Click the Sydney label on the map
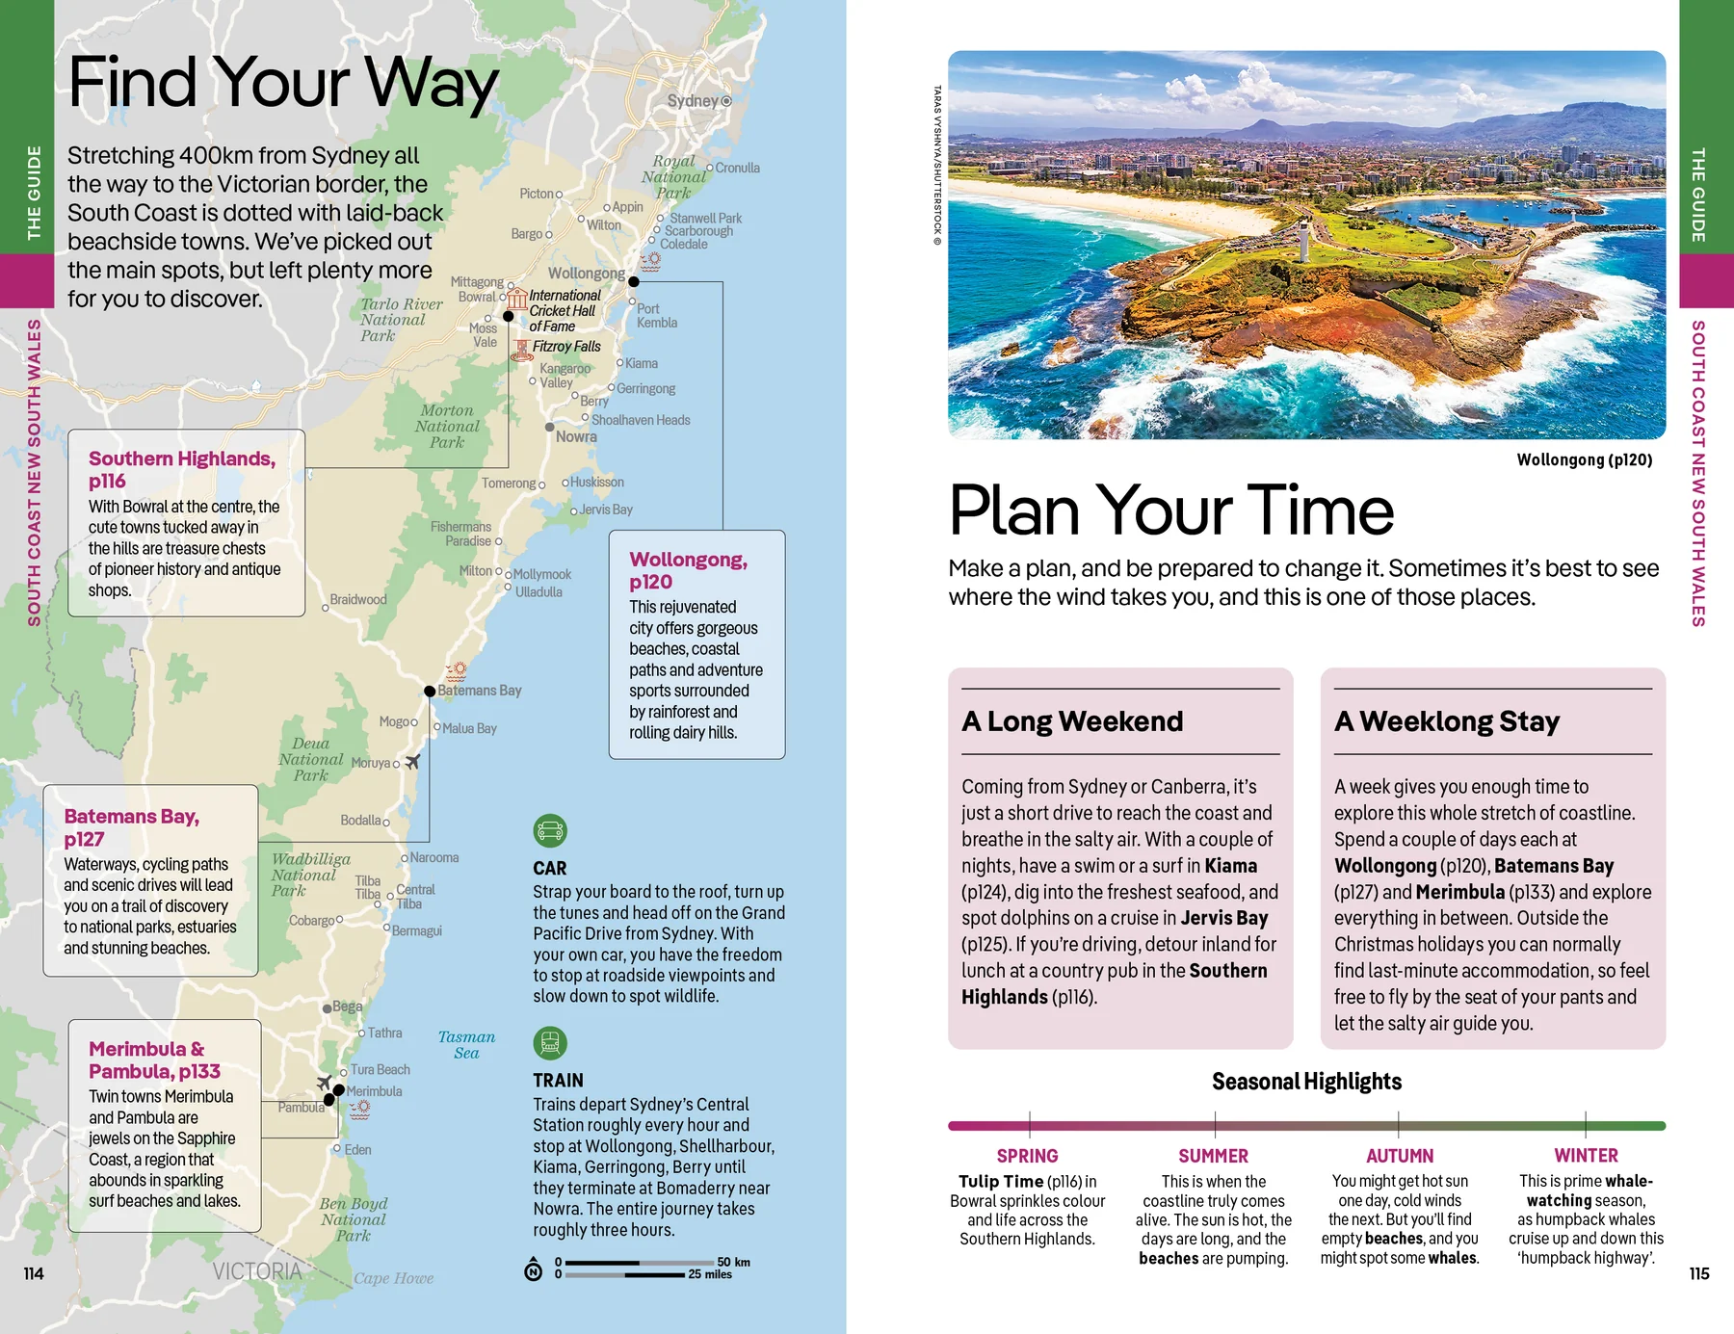coord(693,101)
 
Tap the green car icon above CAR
coord(550,830)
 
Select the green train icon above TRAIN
coord(550,1043)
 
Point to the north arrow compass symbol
coord(533,1270)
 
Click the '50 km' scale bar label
coord(733,1262)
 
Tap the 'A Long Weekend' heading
coord(1072,721)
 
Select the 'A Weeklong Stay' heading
coord(1447,721)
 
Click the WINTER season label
coord(1586,1155)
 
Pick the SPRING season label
coord(1027,1156)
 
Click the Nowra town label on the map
coord(576,437)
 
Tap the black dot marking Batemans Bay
coord(430,692)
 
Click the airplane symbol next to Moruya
coord(412,762)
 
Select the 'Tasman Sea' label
coord(466,1045)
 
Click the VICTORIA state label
coord(257,1271)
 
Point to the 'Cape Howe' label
coord(393,1279)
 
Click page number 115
coord(1699,1273)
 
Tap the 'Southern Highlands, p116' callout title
coord(182,470)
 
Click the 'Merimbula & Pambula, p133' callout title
coord(154,1059)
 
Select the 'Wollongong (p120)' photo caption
coord(1584,460)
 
